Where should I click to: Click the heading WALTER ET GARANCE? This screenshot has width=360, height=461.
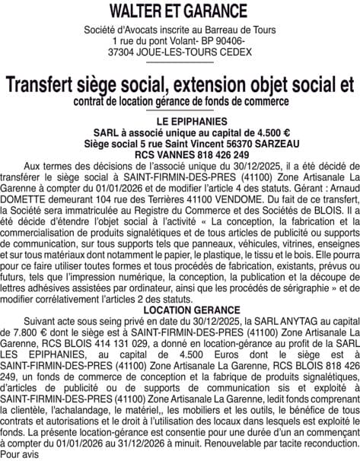point(179,11)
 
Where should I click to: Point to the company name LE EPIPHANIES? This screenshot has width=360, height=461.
point(180,122)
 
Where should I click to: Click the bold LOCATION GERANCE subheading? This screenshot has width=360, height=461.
point(180,310)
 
